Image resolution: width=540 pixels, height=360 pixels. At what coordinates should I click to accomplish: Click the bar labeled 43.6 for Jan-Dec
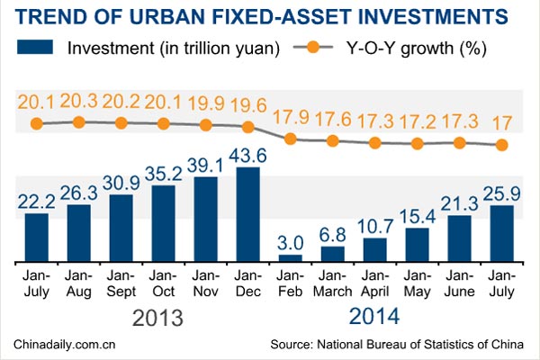pos(247,213)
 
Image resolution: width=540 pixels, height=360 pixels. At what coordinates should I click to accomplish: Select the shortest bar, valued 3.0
pos(290,257)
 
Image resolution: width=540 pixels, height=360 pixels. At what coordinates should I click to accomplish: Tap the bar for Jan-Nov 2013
pos(205,219)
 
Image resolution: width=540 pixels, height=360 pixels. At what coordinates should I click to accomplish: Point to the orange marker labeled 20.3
pos(78,121)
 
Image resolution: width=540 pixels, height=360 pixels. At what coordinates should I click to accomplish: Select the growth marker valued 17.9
pos(290,139)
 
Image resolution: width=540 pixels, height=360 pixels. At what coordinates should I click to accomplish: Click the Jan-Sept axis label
pos(121,283)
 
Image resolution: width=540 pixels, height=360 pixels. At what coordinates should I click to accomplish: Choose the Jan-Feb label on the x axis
pos(290,283)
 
